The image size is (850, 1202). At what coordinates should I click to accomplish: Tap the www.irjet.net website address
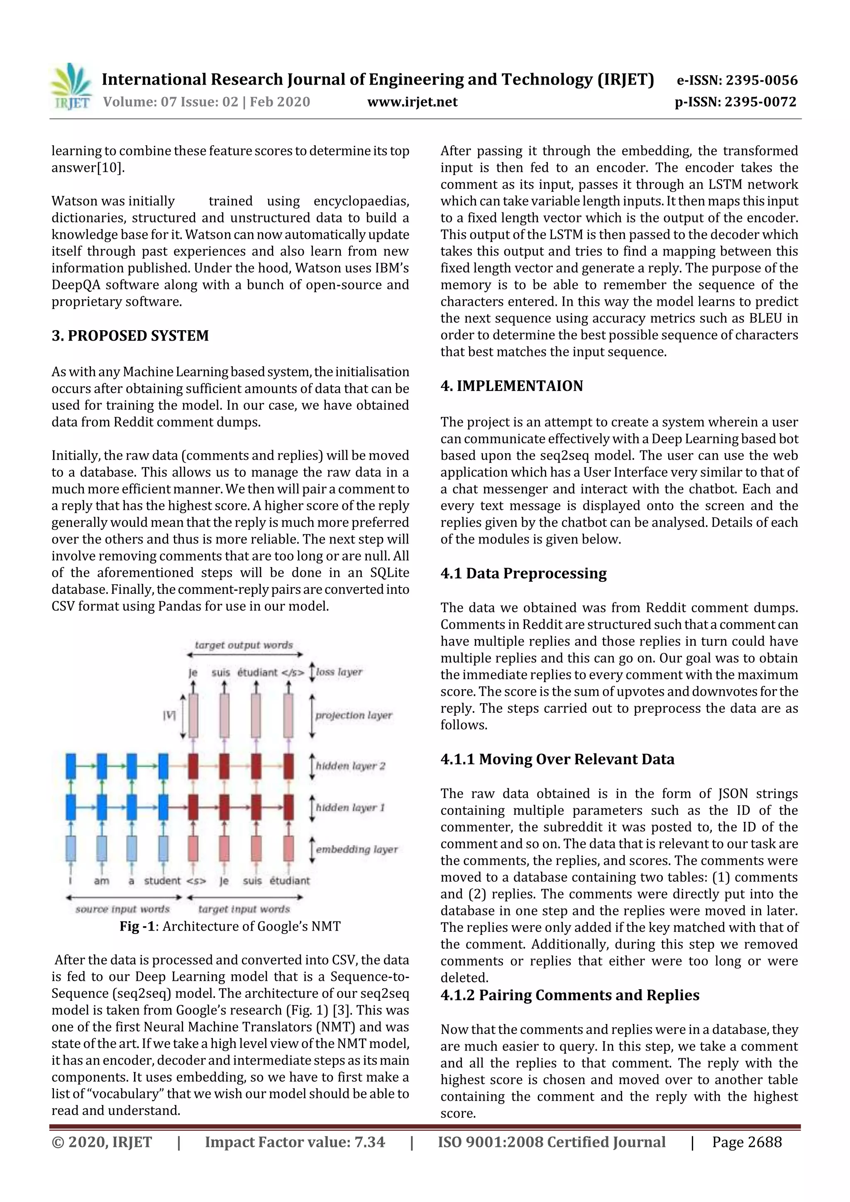[x=412, y=102]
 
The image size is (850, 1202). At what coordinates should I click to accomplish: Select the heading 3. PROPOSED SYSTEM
[x=130, y=336]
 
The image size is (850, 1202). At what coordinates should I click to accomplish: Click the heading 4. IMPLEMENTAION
[x=511, y=386]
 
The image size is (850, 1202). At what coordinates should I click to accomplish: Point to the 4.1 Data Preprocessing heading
[x=523, y=573]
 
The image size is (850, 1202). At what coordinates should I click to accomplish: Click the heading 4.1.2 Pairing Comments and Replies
[x=569, y=995]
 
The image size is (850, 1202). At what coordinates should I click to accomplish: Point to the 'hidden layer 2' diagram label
[x=350, y=766]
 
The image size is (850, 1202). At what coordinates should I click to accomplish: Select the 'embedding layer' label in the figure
[x=356, y=849]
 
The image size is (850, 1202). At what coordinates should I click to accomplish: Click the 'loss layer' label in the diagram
[x=339, y=672]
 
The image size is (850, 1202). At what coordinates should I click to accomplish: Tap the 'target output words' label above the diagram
[x=244, y=645]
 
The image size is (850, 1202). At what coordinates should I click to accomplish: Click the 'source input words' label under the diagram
[x=122, y=909]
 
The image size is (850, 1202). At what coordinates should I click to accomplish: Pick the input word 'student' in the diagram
[x=162, y=881]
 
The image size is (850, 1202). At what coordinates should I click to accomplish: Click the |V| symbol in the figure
[x=169, y=715]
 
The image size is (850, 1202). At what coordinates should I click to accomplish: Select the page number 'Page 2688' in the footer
[x=746, y=1142]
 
